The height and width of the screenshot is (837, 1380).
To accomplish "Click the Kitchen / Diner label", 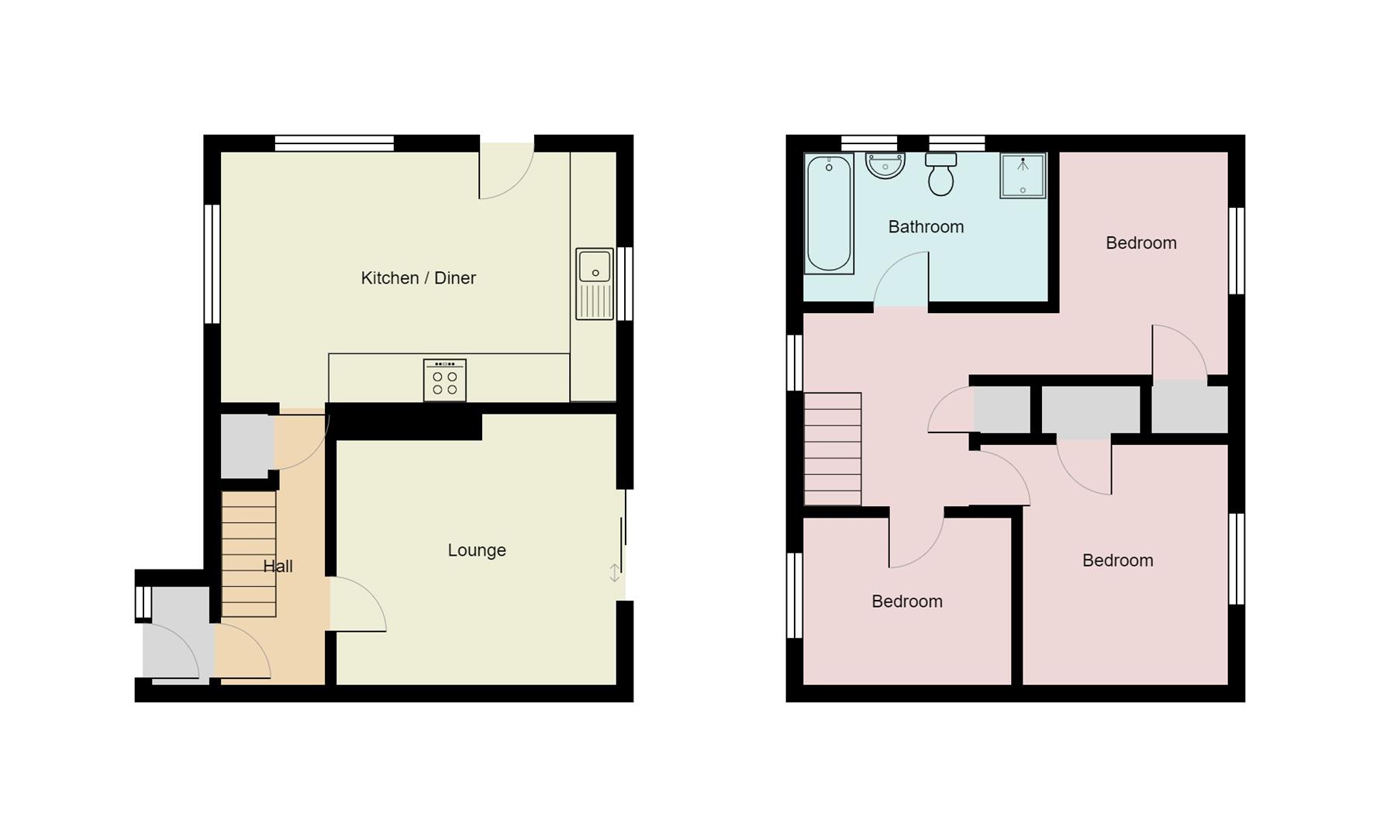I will [x=418, y=278].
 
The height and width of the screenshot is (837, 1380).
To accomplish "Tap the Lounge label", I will [x=477, y=550].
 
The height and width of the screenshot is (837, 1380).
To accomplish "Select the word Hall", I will [x=278, y=567].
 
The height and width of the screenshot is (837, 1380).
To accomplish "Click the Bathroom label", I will [x=926, y=227].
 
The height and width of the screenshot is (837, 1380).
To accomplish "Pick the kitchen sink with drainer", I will [x=595, y=284].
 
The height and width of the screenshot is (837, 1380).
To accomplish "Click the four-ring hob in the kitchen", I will [x=445, y=380].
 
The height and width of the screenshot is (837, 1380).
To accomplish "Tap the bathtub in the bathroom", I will [x=829, y=214].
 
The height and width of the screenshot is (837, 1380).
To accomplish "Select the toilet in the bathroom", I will [x=940, y=174].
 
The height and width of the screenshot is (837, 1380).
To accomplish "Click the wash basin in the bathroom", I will [x=885, y=165].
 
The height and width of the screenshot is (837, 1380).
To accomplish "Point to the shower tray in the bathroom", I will [x=1023, y=176].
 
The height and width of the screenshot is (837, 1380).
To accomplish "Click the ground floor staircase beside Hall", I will [x=249, y=554].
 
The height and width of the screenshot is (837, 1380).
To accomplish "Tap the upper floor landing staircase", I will [x=833, y=449].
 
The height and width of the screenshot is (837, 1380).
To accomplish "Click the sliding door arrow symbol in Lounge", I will [x=614, y=573].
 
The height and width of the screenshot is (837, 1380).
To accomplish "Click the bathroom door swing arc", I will [x=902, y=279].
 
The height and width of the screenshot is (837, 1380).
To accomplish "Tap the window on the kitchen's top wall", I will [x=334, y=143].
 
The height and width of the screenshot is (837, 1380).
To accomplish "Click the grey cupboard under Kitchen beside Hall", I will [x=247, y=446].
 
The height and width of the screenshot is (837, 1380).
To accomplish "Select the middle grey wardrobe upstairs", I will [x=1090, y=410].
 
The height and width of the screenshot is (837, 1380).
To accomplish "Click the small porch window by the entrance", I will [x=143, y=602].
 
